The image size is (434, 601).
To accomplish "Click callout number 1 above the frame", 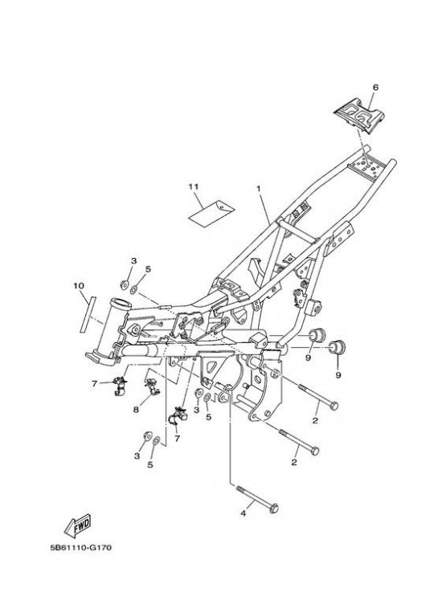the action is (x=259, y=189).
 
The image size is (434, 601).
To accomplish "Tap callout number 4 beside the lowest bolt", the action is (x=243, y=513).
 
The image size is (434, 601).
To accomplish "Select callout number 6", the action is (x=375, y=88).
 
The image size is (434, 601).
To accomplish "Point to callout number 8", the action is (x=136, y=410).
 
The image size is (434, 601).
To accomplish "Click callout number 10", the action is (x=79, y=286).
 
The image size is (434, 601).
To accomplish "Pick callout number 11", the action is (x=194, y=186).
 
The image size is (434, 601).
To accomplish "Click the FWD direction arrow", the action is (x=77, y=525).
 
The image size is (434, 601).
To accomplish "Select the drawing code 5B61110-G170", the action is (x=81, y=548).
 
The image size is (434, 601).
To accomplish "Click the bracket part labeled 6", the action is (x=358, y=117).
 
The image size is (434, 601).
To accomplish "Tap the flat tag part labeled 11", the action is (x=211, y=211).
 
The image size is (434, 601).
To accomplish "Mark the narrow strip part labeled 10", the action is (x=87, y=314).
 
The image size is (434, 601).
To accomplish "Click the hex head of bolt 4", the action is (x=274, y=509).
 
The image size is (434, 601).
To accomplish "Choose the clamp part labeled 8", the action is (x=152, y=386).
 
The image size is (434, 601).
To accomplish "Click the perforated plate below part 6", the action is (x=367, y=167).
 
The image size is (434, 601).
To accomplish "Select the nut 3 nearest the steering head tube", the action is (x=124, y=284).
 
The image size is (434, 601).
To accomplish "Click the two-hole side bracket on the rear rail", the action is (x=341, y=237).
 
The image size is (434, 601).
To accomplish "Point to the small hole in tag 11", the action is (x=222, y=206).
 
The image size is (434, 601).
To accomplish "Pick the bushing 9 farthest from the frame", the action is (x=338, y=347).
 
